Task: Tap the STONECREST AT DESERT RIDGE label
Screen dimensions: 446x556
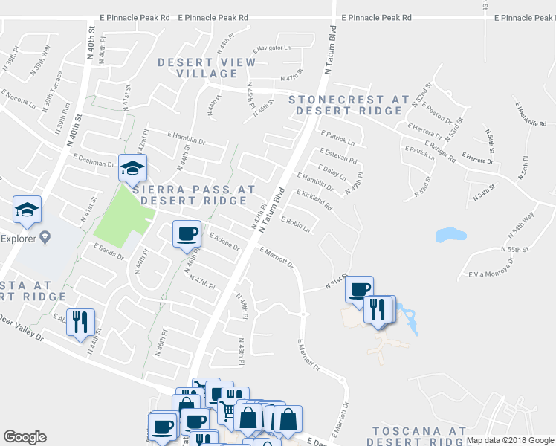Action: click(x=349, y=105)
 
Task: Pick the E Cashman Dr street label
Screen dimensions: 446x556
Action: click(x=92, y=161)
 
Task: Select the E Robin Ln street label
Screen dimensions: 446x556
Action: click(x=295, y=224)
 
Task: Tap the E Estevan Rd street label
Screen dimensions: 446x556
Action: click(x=339, y=156)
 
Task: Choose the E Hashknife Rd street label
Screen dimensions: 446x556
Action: click(x=529, y=113)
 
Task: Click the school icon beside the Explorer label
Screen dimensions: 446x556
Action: click(x=27, y=210)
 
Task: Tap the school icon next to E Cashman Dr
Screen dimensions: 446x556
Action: click(x=132, y=167)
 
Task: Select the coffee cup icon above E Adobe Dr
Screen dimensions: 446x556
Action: click(x=187, y=234)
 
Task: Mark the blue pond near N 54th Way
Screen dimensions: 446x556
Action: click(x=451, y=235)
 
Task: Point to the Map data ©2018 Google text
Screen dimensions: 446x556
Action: click(x=510, y=440)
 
